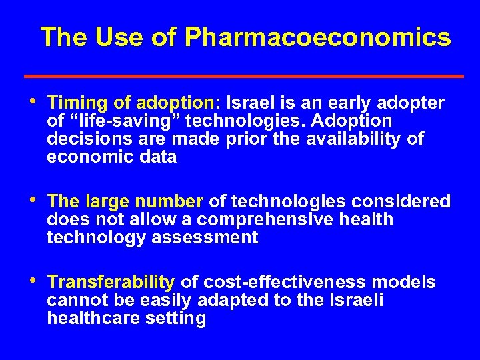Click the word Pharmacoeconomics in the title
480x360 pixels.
click(318, 38)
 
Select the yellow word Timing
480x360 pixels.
click(73, 103)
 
